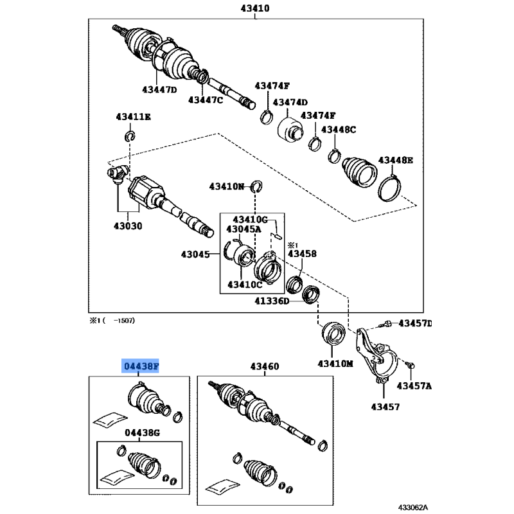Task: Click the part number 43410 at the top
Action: coord(255,8)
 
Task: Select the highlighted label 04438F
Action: coord(140,366)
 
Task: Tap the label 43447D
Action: coord(159,89)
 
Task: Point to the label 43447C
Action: coord(206,100)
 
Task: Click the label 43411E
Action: coord(134,117)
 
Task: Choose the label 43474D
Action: coord(290,103)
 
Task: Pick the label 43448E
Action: coord(396,160)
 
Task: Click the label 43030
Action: coord(128,226)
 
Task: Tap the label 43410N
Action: coord(227,186)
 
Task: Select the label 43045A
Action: coord(244,229)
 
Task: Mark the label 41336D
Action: coord(272,301)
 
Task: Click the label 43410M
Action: coord(335,364)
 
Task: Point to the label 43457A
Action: coord(414,386)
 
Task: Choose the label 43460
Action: coord(265,366)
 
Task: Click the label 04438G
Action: coord(142,433)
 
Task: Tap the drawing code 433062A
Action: coord(413,508)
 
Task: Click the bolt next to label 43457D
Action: coord(385,324)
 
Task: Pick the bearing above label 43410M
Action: coord(333,333)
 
